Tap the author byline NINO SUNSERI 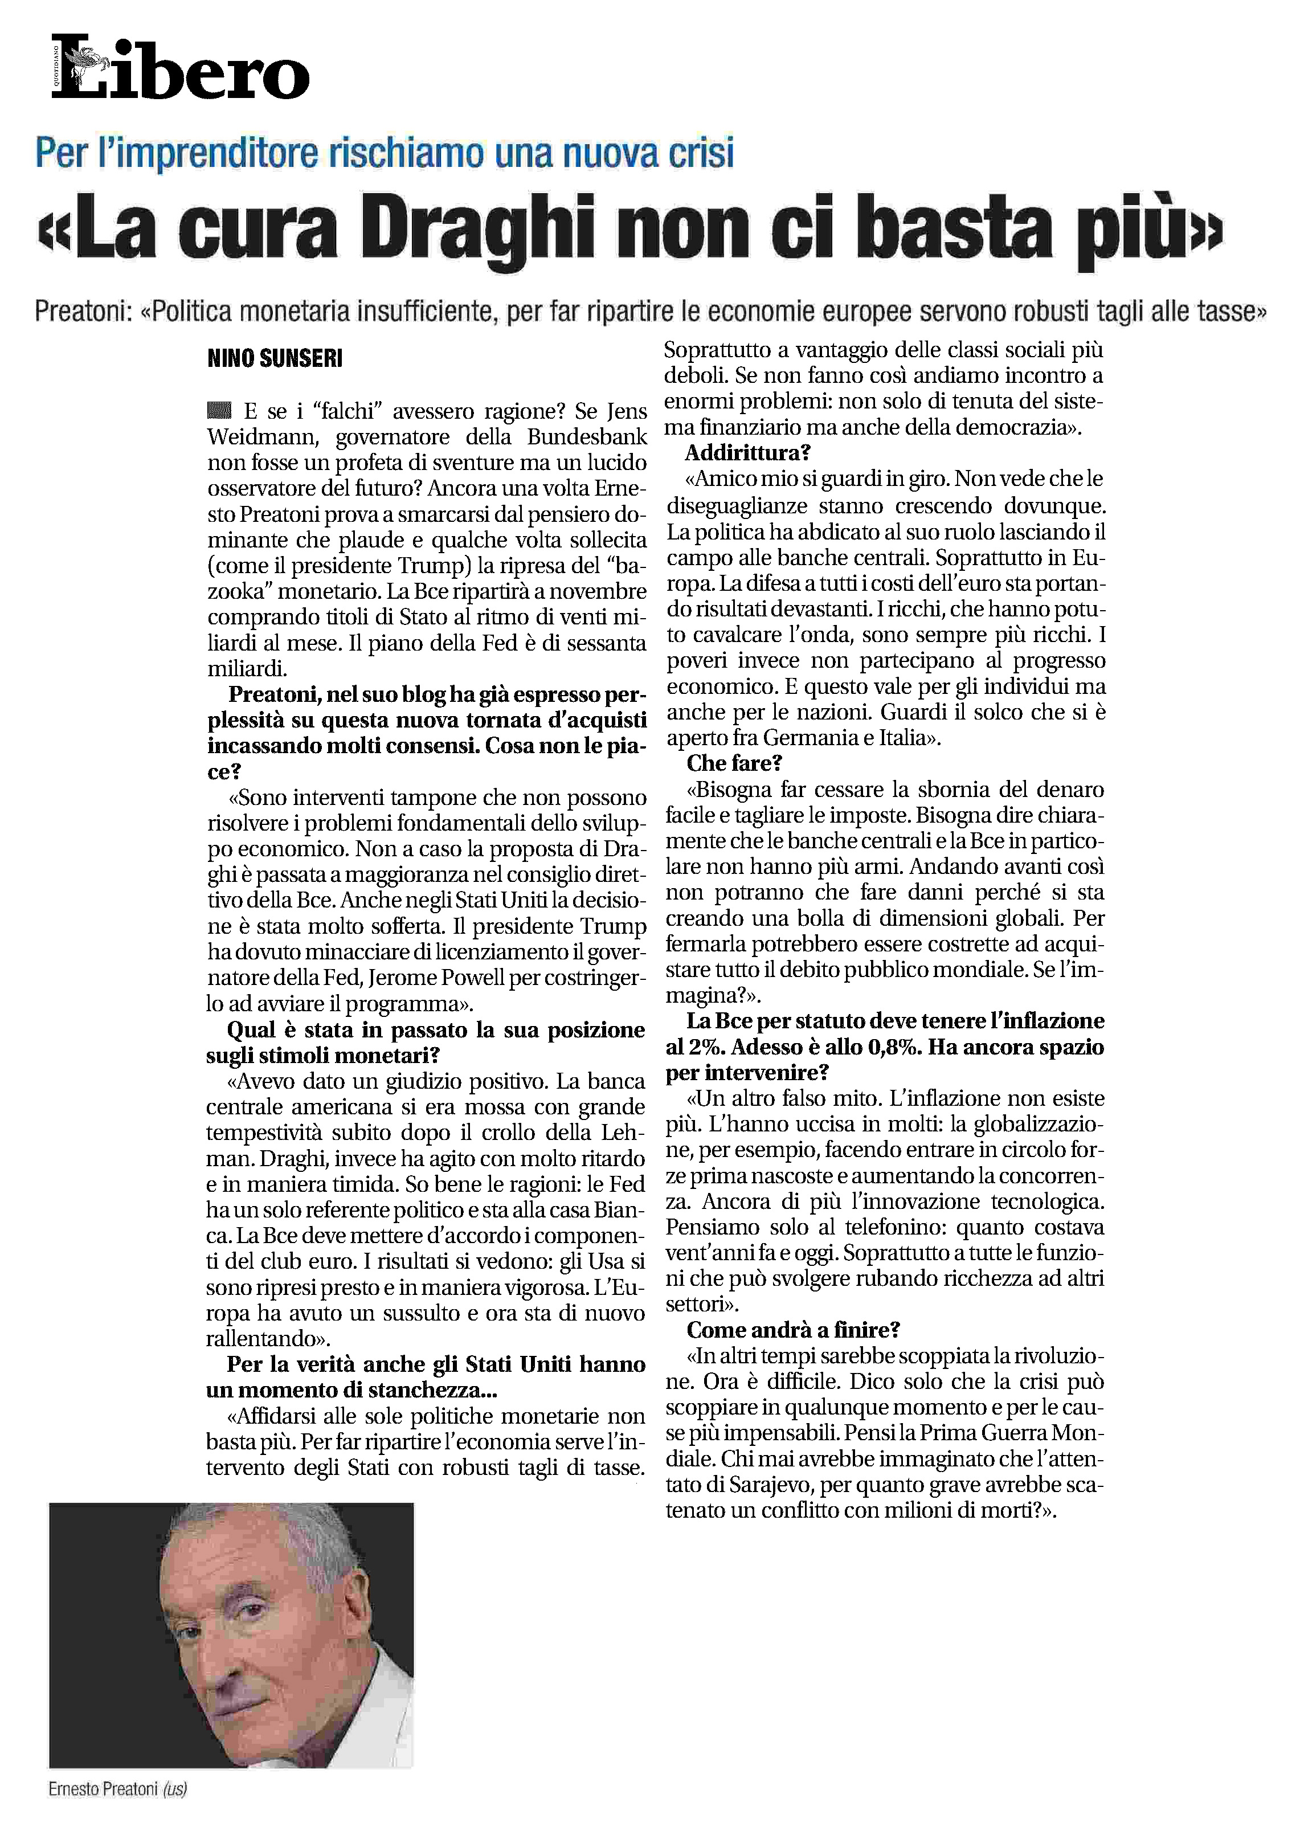[275, 359]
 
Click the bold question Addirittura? [737, 453]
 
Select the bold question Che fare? [734, 763]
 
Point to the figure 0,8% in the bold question [890, 1047]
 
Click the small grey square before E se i [219, 411]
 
